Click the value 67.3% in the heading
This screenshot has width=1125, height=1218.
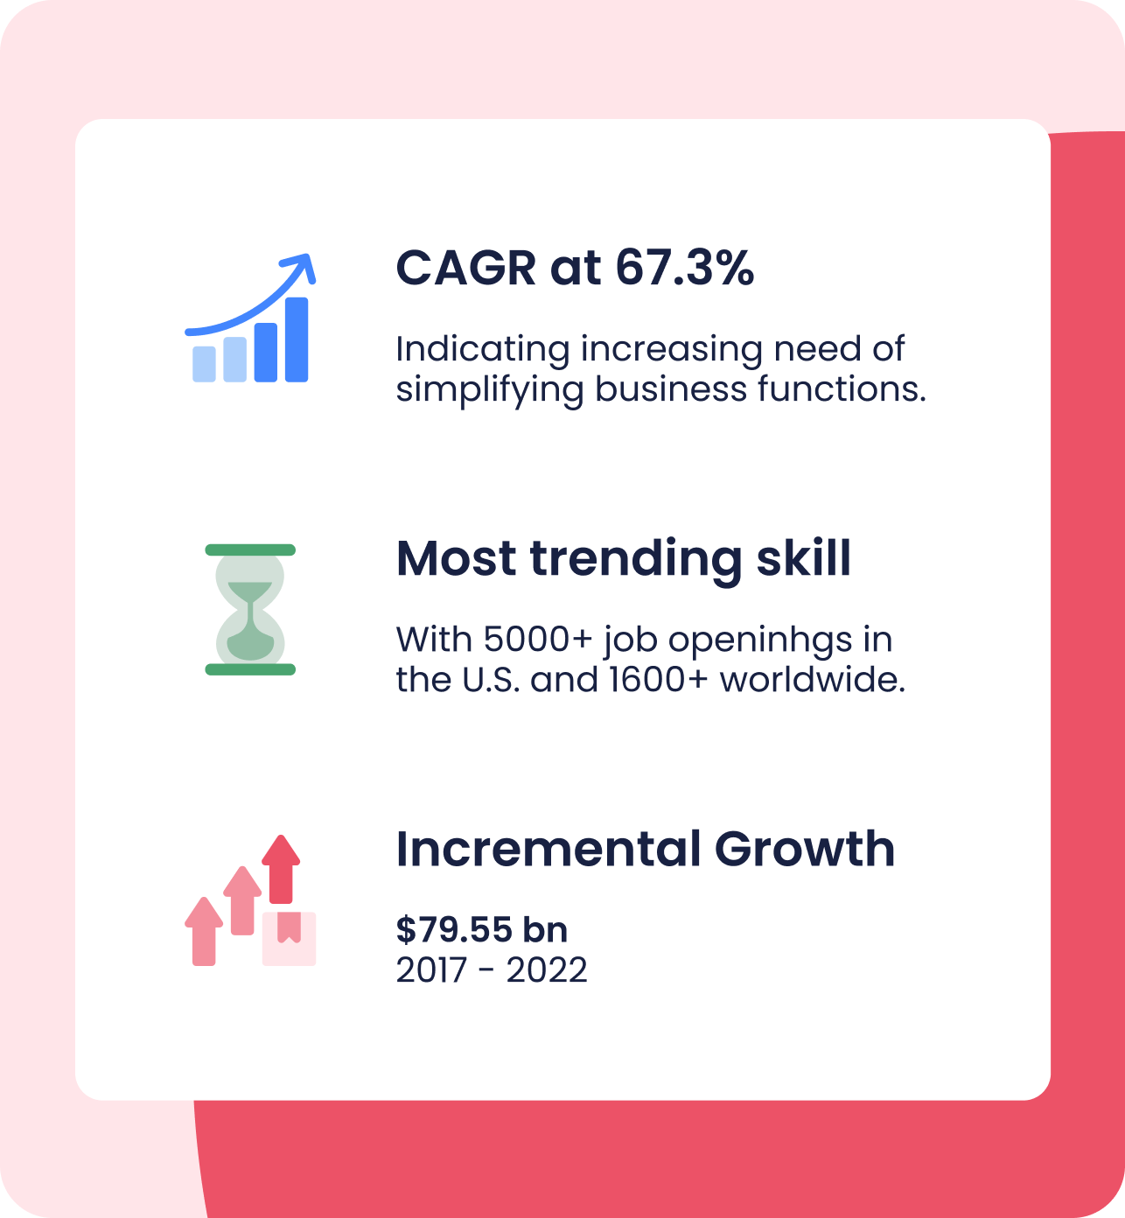[x=685, y=268]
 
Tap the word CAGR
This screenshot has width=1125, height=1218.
[x=466, y=268]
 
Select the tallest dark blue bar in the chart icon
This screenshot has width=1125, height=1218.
[x=297, y=339]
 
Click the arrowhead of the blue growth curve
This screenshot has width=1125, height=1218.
[x=301, y=266]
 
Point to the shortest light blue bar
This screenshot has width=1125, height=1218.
[x=204, y=364]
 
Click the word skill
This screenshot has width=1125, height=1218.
[x=804, y=558]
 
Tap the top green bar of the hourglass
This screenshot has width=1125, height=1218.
[x=250, y=549]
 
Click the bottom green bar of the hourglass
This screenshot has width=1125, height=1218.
[x=250, y=669]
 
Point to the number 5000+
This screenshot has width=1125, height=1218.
[x=537, y=639]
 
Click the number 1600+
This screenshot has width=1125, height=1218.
[x=658, y=680]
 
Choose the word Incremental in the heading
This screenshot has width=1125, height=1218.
[x=549, y=849]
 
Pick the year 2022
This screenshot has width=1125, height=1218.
[x=547, y=970]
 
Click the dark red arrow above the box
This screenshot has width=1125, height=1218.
[x=281, y=868]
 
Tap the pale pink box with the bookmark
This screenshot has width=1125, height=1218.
[x=289, y=938]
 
